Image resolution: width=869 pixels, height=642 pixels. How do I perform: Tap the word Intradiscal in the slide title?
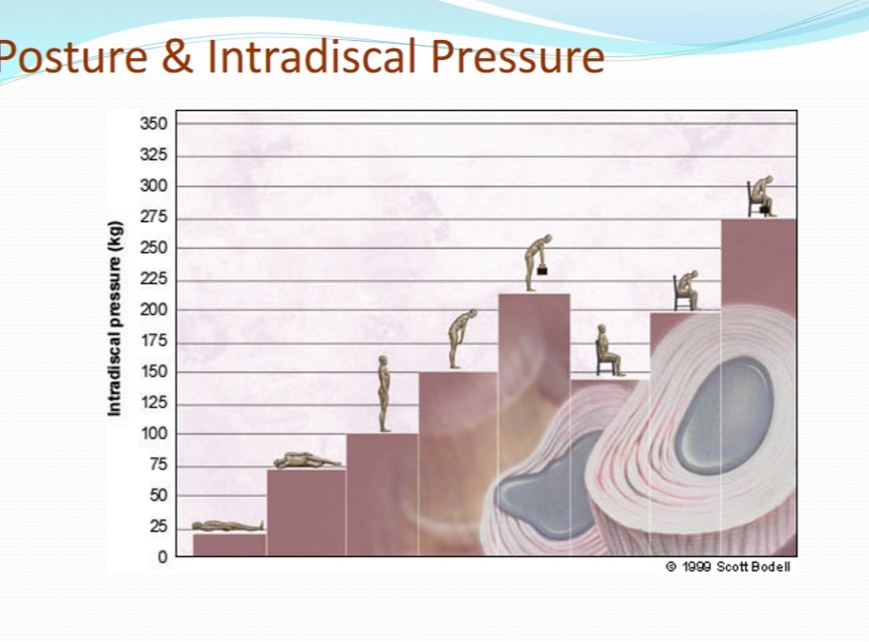[x=311, y=56]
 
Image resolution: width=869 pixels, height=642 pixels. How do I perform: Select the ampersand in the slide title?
[x=178, y=56]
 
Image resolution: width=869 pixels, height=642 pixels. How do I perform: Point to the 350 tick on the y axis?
[x=154, y=123]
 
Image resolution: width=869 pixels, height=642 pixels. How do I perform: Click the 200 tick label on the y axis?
[x=154, y=310]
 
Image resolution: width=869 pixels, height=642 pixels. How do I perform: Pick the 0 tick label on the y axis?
[x=162, y=557]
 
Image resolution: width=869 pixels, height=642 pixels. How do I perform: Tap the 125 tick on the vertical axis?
[x=154, y=403]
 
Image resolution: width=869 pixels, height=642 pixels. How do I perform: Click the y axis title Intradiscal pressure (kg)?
[x=115, y=319]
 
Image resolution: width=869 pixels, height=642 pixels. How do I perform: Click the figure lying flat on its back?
[x=228, y=526]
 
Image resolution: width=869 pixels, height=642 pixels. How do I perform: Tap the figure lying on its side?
[x=307, y=461]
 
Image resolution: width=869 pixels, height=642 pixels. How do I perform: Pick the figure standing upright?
[x=384, y=394]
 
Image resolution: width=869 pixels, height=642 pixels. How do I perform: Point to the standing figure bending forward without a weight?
[x=460, y=338]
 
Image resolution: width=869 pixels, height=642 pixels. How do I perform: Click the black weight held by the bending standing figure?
[x=542, y=271]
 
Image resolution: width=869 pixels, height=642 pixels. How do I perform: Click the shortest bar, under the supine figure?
[x=229, y=545]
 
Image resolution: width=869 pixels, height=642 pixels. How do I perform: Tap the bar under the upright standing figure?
[x=382, y=495]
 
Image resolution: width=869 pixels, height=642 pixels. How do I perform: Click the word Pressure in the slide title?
[x=517, y=56]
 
